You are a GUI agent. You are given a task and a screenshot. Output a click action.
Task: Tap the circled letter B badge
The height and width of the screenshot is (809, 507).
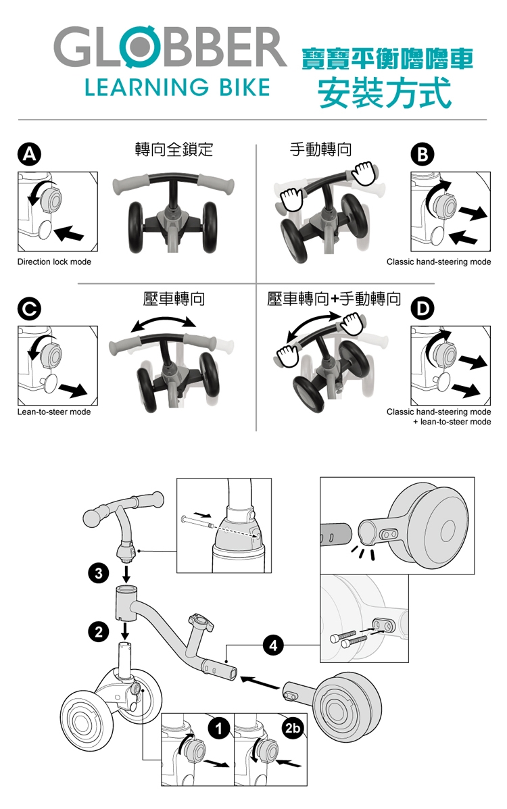422,154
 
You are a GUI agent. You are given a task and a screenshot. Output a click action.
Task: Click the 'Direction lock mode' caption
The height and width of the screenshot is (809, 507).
54,262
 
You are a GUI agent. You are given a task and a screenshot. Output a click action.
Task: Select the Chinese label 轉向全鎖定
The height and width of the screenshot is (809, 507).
174,149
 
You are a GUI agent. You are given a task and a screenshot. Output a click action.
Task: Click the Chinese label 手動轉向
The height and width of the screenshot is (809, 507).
320,149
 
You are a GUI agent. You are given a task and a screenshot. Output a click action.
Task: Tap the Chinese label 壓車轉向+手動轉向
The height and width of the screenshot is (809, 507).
334,299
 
